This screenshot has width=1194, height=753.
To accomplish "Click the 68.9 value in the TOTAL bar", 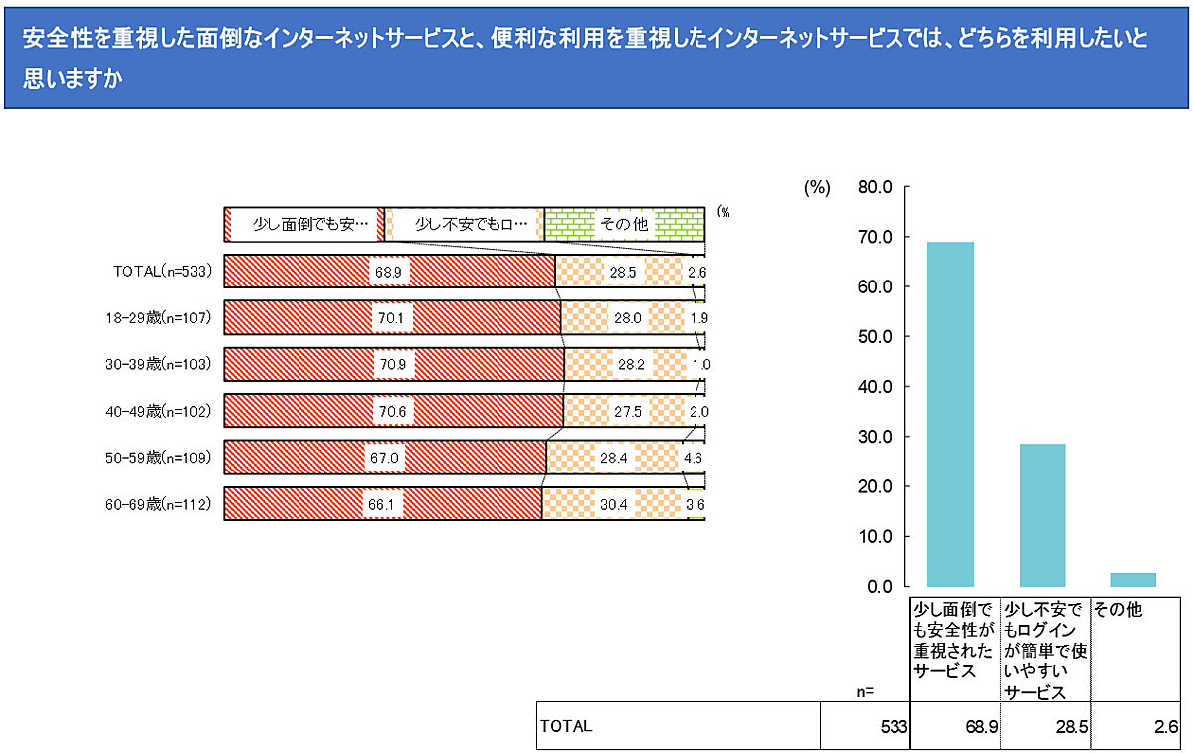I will [385, 272].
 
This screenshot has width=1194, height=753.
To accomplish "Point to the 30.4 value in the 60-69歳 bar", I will [614, 504].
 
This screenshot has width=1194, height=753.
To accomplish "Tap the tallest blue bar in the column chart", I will [950, 414].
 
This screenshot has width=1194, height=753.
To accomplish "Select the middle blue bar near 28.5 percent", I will [1042, 515].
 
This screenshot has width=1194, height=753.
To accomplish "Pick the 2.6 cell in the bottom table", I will [1166, 727].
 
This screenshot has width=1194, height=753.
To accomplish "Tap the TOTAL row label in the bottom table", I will [566, 727].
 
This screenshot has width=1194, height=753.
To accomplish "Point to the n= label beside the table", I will [864, 690].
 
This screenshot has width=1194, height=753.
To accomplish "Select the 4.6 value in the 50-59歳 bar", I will [696, 459].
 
